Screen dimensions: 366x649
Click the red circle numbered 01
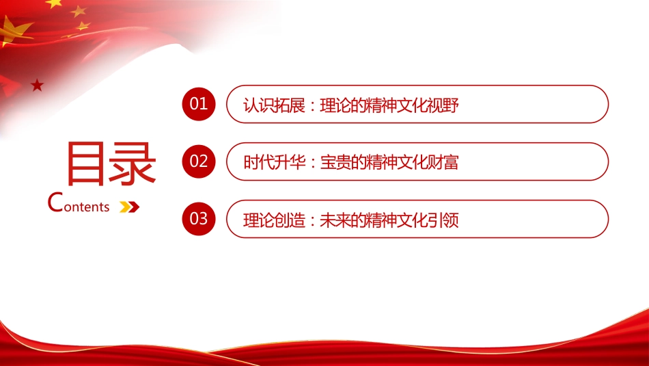198,104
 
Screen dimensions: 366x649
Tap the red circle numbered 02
198,161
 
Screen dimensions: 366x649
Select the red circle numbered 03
198,219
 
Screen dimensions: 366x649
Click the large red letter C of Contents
57,202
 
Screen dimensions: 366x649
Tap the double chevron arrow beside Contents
129,206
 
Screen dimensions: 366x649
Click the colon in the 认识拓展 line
309,106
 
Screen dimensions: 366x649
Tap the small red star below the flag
37,85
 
